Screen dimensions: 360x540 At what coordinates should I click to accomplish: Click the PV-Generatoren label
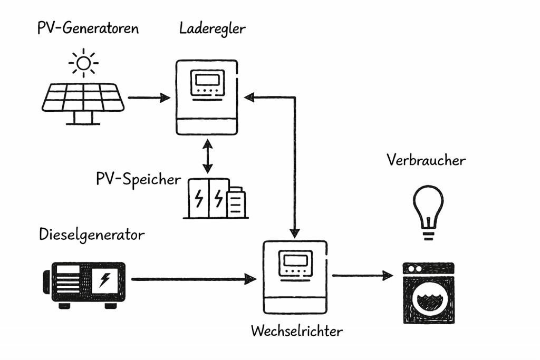88,28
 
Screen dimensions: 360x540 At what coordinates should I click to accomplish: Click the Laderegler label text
212,28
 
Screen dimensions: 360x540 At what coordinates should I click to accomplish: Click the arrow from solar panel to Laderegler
149,98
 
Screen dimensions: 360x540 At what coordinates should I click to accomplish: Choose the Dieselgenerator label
91,235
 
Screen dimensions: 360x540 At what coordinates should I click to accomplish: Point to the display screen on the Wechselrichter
295,260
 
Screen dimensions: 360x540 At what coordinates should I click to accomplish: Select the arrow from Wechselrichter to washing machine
363,275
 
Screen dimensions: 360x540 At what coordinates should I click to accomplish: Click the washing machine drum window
428,300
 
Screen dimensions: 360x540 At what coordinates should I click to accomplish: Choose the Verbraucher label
426,160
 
